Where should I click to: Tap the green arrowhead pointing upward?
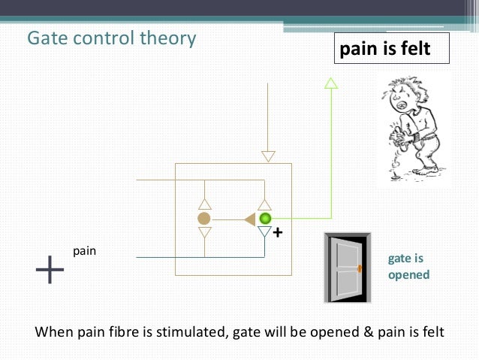pyautogui.click(x=330, y=83)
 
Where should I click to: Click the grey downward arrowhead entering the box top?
pyautogui.click(x=268, y=156)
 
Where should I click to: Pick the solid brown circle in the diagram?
pyautogui.click(x=203, y=219)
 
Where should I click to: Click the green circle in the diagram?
pyautogui.click(x=265, y=219)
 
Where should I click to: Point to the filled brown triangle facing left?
pyautogui.click(x=249, y=219)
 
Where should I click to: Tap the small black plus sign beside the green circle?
pyautogui.click(x=277, y=233)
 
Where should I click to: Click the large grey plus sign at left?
pyautogui.click(x=50, y=269)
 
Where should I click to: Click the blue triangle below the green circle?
pyautogui.click(x=264, y=233)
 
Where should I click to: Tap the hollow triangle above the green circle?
pyautogui.click(x=264, y=204)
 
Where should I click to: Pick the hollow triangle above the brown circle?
pyautogui.click(x=203, y=204)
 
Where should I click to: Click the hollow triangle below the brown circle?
pyautogui.click(x=203, y=233)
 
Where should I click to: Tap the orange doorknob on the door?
pyautogui.click(x=360, y=268)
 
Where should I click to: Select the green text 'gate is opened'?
pyautogui.click(x=408, y=266)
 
